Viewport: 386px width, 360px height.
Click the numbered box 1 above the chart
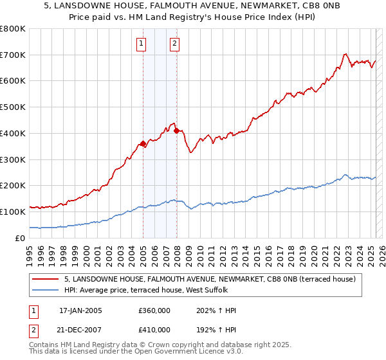point(141,44)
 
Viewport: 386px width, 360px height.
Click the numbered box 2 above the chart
point(174,44)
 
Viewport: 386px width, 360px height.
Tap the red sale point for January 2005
point(143,143)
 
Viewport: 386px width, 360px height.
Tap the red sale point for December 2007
point(176,130)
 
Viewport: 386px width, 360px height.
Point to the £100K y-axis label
point(13,212)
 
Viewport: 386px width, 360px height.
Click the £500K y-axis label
point(13,107)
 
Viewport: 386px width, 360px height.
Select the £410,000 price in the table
point(154,329)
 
